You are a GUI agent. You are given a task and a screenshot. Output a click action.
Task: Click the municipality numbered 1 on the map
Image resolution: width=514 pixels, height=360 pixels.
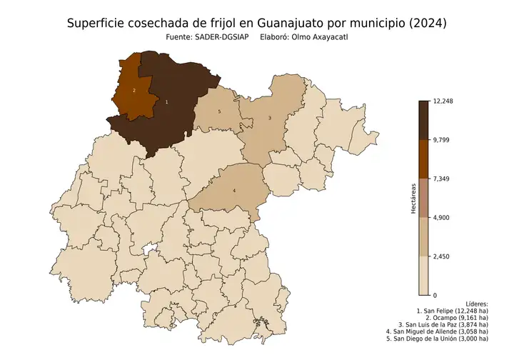point(167,102)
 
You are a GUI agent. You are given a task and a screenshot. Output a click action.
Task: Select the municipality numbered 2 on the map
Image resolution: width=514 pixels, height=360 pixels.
point(133,91)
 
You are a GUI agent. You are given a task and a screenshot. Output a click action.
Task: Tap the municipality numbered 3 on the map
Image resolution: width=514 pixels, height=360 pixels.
point(269,118)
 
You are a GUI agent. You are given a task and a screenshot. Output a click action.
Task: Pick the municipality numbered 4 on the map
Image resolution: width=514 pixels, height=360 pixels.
point(233,190)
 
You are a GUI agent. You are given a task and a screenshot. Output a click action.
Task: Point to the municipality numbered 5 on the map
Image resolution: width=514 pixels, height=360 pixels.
point(218,112)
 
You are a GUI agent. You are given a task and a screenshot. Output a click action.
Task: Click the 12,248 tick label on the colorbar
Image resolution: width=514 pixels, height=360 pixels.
point(443,101)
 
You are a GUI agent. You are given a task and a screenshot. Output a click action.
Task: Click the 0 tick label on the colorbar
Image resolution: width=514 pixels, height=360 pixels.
point(435,294)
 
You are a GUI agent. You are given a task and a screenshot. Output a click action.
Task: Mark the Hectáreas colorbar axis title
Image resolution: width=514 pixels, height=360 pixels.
point(413,198)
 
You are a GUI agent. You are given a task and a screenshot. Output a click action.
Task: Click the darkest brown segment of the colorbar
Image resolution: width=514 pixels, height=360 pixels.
point(423,120)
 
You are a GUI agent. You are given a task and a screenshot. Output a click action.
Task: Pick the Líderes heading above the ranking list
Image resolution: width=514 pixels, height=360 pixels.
point(476,304)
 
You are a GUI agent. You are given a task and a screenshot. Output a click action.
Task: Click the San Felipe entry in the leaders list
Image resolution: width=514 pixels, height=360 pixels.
point(452,311)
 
